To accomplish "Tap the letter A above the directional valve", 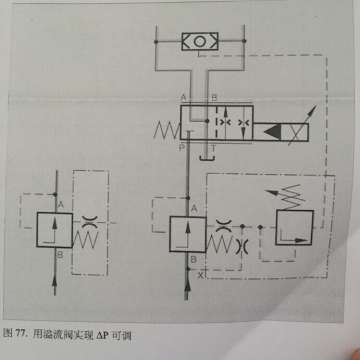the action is [183, 96].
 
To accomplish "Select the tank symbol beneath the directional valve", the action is [206, 154].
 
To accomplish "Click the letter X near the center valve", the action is [201, 273].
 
